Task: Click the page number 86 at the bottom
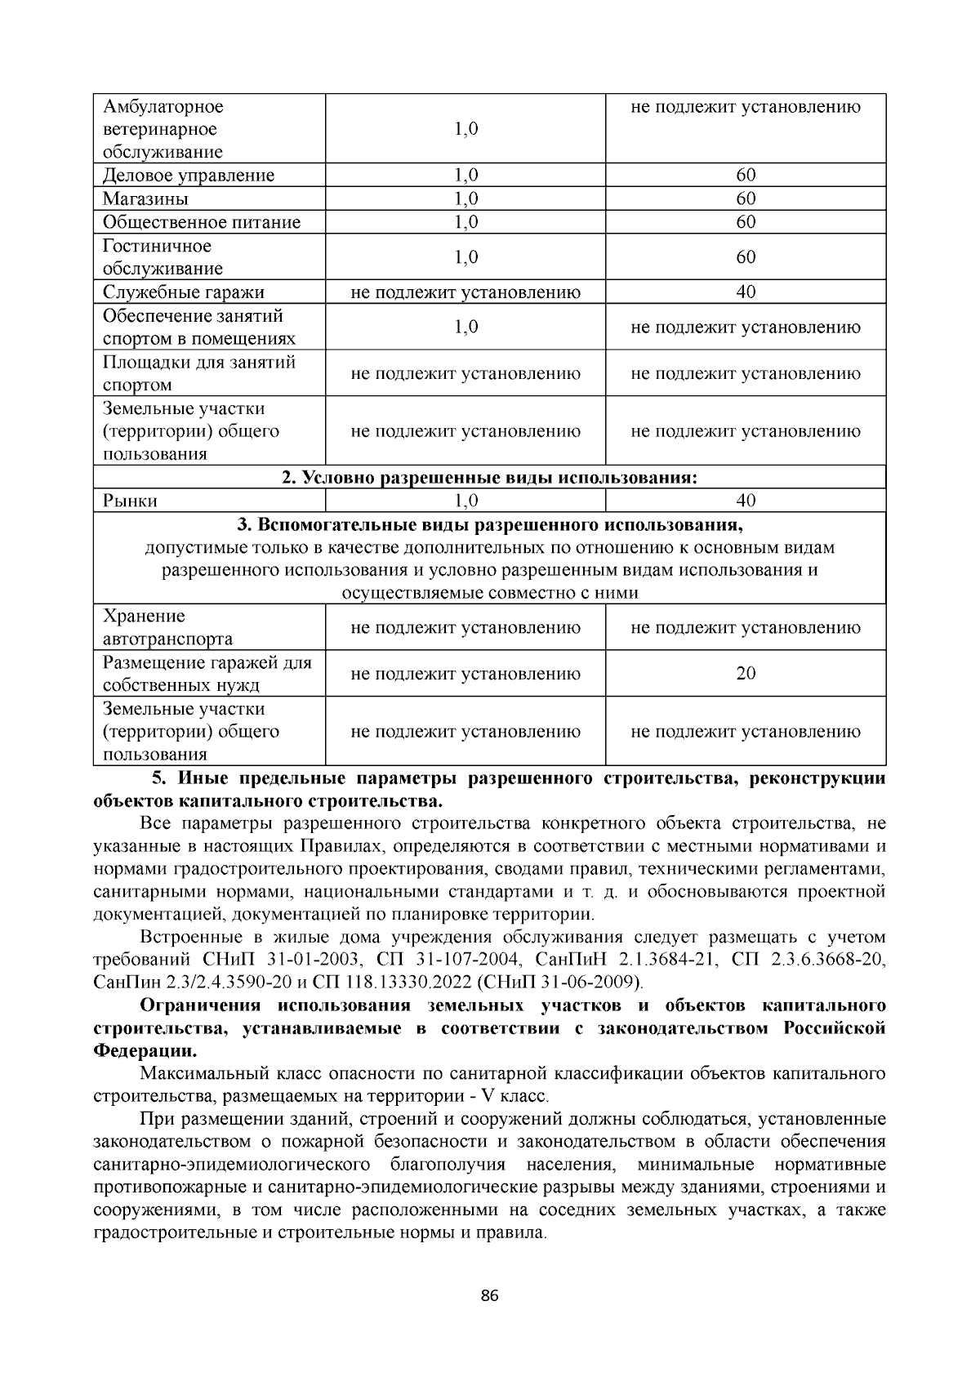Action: coord(490,1296)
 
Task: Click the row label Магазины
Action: coord(145,199)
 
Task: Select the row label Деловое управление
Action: coord(189,176)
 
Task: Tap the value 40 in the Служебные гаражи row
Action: coord(746,292)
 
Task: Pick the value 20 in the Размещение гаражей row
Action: coord(746,673)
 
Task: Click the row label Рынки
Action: coord(130,501)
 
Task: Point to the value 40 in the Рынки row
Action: coord(746,501)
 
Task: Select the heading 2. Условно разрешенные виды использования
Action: coord(489,478)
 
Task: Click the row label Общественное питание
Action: coord(202,222)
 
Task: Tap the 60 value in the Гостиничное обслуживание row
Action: coord(746,257)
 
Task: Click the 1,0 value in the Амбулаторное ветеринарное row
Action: coord(465,129)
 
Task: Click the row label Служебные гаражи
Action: coord(184,292)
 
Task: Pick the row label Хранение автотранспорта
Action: coord(167,627)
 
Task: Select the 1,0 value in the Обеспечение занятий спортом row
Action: coord(465,328)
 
